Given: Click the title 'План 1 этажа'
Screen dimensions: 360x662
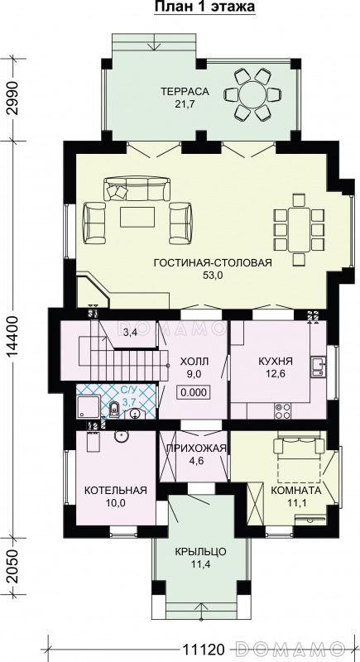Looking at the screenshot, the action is (204, 7).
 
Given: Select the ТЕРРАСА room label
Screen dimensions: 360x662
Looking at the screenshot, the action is (185, 91).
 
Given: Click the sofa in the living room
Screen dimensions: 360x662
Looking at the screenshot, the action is (137, 189).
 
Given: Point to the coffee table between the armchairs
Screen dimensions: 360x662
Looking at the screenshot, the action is (137, 217).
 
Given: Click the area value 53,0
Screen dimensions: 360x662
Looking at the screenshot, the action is (213, 276).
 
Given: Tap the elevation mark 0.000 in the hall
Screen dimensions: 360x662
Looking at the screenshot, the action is (194, 392).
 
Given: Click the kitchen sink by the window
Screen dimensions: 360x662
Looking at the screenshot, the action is (317, 367).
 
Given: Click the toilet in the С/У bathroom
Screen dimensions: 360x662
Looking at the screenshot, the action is (113, 409).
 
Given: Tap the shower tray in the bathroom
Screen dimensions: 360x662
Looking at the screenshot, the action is (89, 406).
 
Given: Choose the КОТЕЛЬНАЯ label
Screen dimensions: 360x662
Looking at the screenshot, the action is (116, 490).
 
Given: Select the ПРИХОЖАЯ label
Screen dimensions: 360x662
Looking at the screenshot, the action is (195, 449).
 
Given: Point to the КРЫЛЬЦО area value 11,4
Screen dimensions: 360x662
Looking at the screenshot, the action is (201, 563).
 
